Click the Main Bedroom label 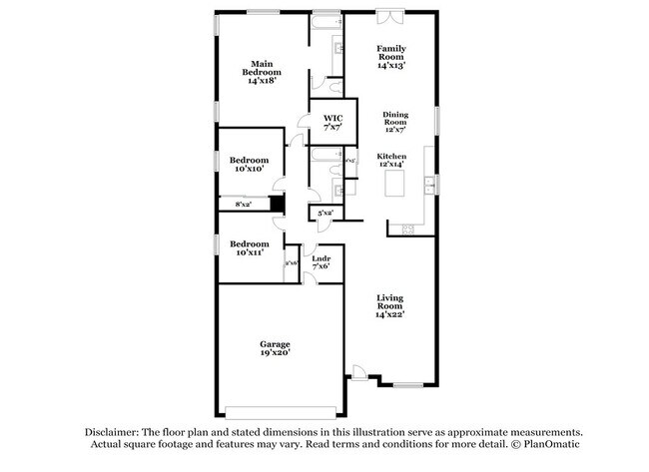[x=263, y=72]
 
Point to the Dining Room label [x=395, y=121]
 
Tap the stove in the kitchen [x=407, y=229]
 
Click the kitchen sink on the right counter [x=429, y=184]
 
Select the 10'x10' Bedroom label [x=249, y=166]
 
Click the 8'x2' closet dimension [x=243, y=205]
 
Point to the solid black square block [x=279, y=205]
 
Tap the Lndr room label [x=322, y=261]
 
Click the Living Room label [x=389, y=306]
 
